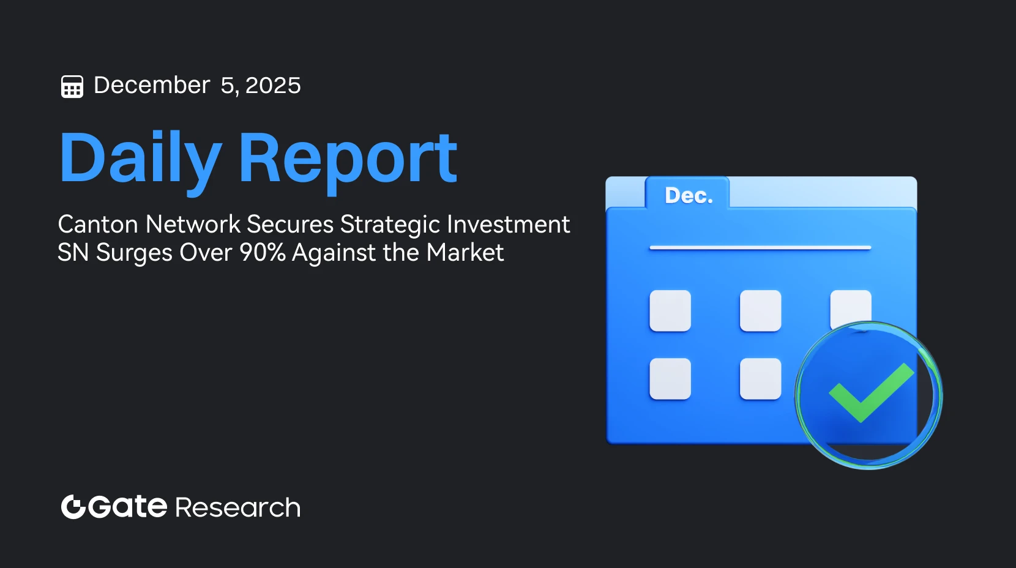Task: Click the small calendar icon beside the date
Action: (72, 86)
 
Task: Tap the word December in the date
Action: (152, 85)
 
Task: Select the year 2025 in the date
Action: (273, 85)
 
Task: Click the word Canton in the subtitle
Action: (98, 224)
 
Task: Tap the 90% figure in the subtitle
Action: (263, 252)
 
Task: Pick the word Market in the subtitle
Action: (465, 252)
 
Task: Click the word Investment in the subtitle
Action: (509, 224)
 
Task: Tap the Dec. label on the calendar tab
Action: (689, 195)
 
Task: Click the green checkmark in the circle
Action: (871, 393)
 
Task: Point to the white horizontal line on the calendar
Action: (760, 248)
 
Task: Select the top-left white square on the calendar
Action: (670, 311)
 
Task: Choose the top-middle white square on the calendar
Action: (761, 311)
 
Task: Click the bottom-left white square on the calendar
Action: (670, 379)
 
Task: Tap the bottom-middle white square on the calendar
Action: (761, 379)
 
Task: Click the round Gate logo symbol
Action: (73, 507)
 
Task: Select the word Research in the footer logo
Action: (238, 507)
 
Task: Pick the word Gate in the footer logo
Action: (128, 507)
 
